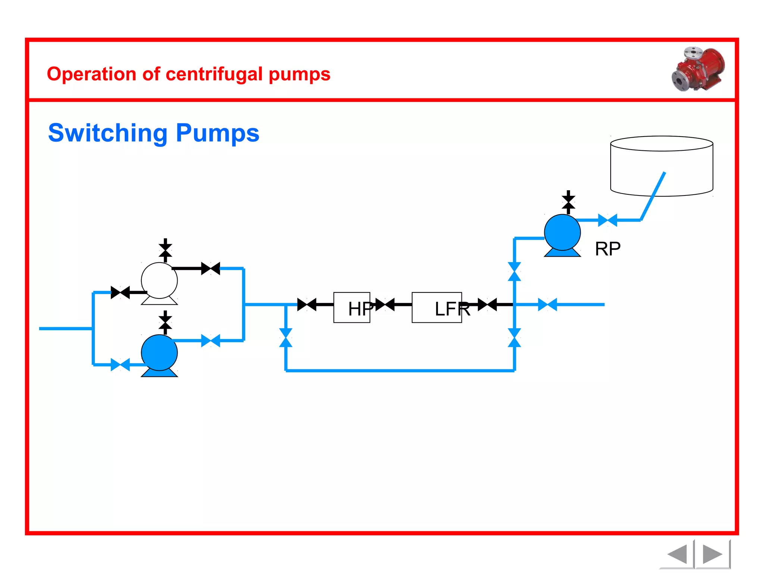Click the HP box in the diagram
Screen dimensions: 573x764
351,307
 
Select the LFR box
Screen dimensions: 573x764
436,307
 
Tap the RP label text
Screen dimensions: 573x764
607,249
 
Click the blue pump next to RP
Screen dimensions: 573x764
562,232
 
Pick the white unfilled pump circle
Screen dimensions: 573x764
159,281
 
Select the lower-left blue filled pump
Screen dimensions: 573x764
159,353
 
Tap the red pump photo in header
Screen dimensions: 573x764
698,69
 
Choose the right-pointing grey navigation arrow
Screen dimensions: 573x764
712,554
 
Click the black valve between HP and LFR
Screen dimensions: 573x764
385,304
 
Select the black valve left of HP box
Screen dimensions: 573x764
307,304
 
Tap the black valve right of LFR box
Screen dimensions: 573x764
487,304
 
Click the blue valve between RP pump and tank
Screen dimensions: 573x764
607,220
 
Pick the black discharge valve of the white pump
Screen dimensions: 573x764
210,268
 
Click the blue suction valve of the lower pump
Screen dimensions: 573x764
120,364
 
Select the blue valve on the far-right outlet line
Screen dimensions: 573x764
547,304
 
